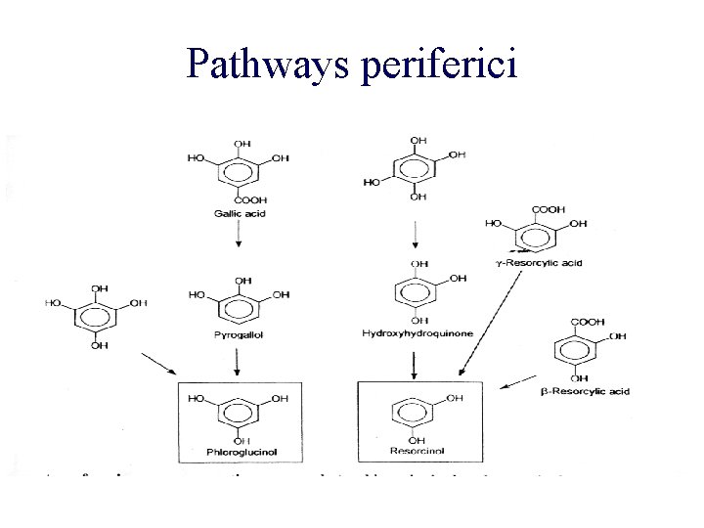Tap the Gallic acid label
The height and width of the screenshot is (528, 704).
(x=236, y=213)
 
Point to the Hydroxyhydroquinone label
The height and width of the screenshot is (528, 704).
(x=418, y=334)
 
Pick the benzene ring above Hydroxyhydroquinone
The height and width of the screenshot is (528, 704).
(x=418, y=292)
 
